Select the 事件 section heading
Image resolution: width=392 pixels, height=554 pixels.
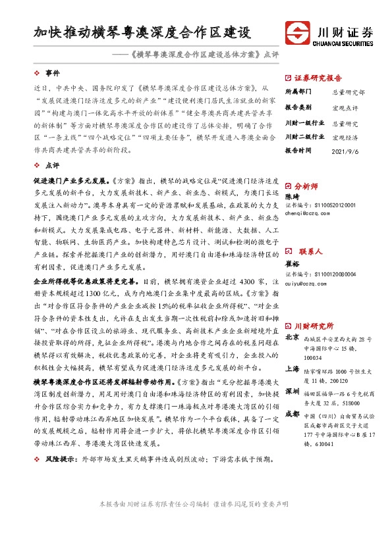(x=52, y=72)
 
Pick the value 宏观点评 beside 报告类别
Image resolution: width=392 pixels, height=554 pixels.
(x=345, y=107)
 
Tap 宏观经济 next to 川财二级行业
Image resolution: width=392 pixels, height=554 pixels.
(x=345, y=137)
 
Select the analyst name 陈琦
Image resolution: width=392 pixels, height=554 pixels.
(x=291, y=197)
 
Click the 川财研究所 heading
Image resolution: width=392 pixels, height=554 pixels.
(x=312, y=326)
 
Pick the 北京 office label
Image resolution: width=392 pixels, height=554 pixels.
(x=292, y=338)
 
